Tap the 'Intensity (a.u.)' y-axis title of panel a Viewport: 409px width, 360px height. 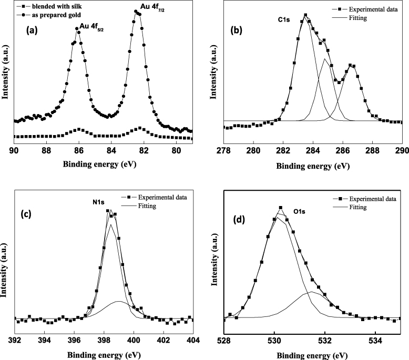pyautogui.click(x=6, y=71)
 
